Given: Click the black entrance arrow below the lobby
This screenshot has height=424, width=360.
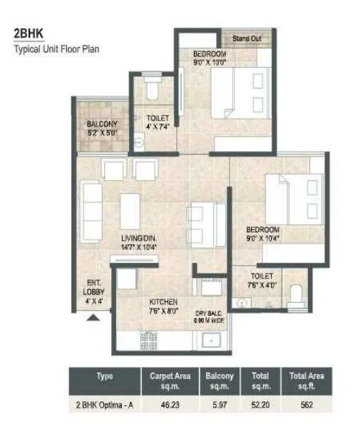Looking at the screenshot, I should point(92,320).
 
